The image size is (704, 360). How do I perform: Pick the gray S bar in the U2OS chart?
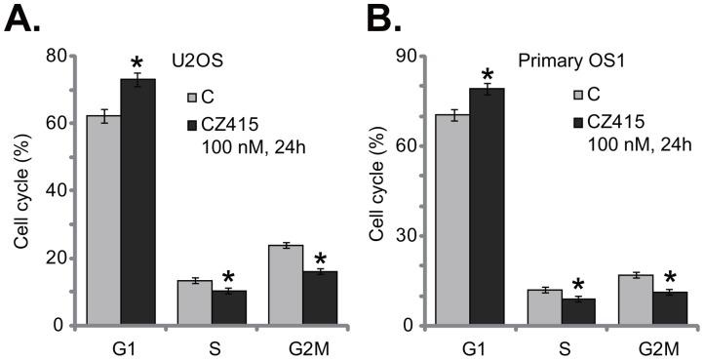(x=194, y=302)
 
